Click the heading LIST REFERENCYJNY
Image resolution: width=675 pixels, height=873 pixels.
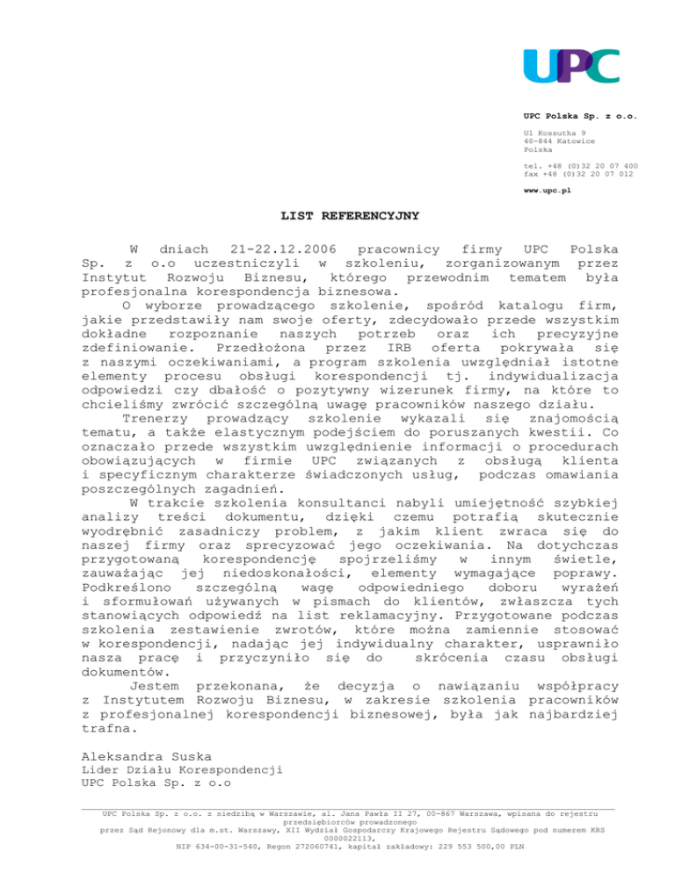337,213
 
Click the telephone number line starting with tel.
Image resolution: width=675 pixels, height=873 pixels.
580,166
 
